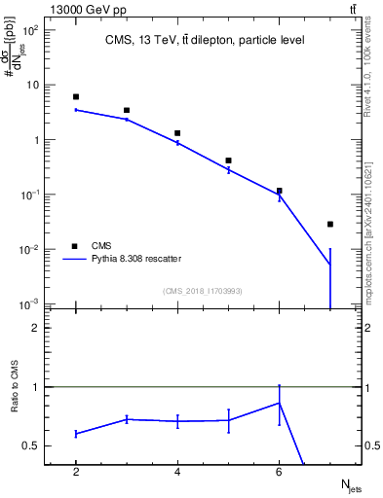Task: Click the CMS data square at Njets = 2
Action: click(76, 97)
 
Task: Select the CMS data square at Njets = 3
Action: click(127, 111)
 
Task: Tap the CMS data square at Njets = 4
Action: click(177, 133)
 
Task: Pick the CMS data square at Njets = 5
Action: click(228, 160)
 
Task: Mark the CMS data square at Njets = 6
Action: click(279, 192)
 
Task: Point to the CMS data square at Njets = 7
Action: click(330, 225)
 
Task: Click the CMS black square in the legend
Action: click(75, 246)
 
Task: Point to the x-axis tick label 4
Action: click(177, 472)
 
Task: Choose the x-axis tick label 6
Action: click(279, 472)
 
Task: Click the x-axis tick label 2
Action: click(76, 472)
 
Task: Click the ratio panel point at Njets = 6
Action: click(279, 403)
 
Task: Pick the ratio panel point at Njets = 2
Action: click(76, 434)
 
